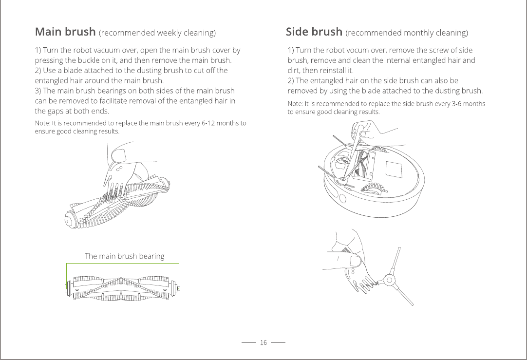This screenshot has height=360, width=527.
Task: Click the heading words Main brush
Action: click(x=65, y=32)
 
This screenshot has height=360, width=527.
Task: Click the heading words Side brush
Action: click(x=314, y=32)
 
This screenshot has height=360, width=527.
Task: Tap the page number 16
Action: click(x=263, y=343)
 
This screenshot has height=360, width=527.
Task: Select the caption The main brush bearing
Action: click(x=124, y=256)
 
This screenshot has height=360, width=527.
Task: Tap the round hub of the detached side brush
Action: click(x=389, y=280)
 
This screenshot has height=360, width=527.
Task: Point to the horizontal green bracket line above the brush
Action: click(x=123, y=264)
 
